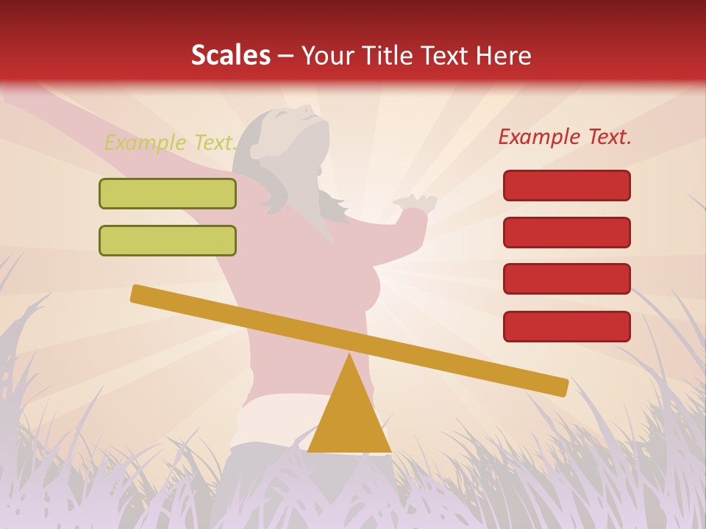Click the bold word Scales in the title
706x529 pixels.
click(x=230, y=55)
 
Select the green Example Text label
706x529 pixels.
click(x=170, y=143)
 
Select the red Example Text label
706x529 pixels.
click(x=565, y=137)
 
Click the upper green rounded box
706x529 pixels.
click(x=168, y=193)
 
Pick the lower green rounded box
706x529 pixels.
click(x=168, y=240)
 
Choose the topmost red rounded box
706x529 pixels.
click(x=567, y=185)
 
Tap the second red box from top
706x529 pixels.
click(x=567, y=232)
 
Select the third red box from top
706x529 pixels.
click(x=567, y=279)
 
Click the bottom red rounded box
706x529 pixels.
click(x=567, y=326)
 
